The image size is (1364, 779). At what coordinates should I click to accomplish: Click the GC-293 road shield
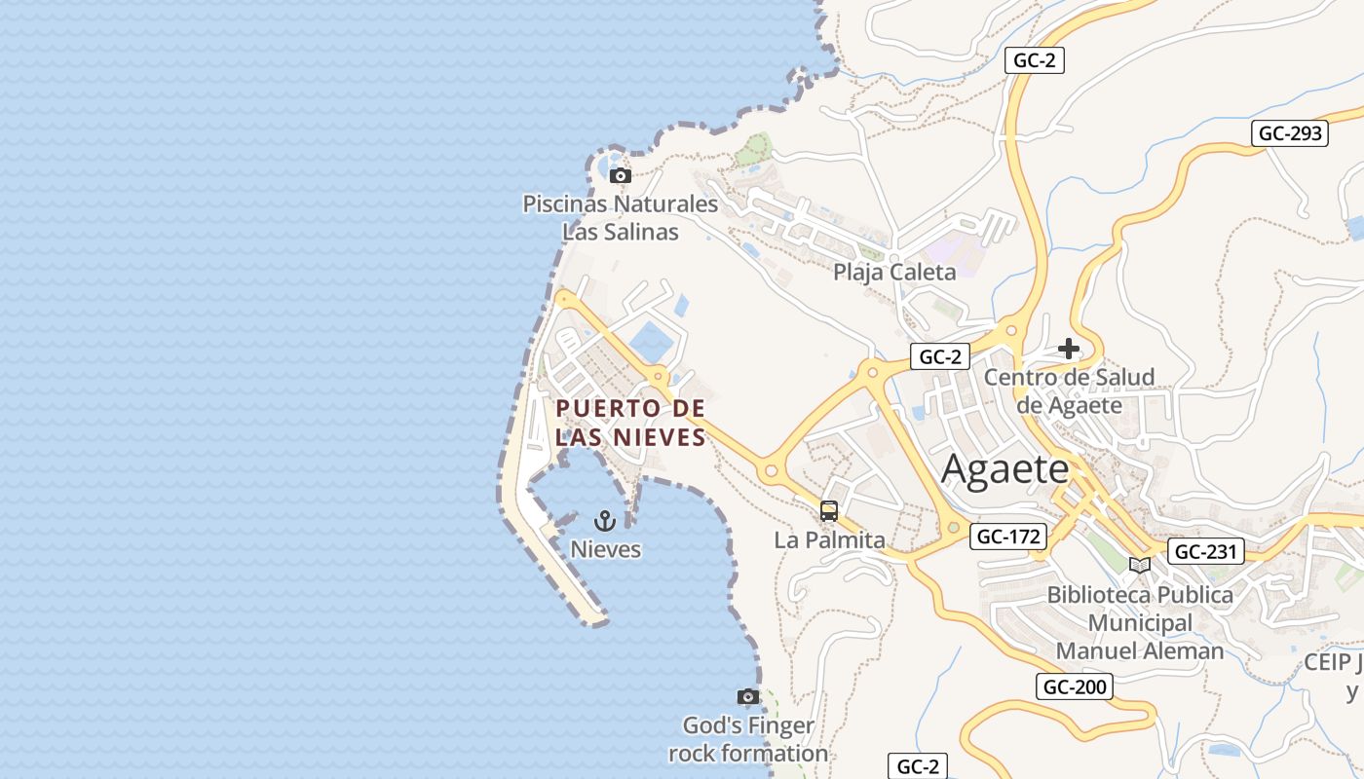pyautogui.click(x=1290, y=133)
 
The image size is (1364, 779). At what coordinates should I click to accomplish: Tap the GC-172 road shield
pyautogui.click(x=1008, y=536)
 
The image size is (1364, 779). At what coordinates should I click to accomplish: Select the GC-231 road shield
pyautogui.click(x=1206, y=552)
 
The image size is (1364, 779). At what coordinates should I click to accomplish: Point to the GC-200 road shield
pyautogui.click(x=1075, y=686)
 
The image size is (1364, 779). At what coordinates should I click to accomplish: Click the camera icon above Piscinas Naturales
pyautogui.click(x=621, y=176)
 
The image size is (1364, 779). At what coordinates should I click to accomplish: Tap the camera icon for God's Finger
pyautogui.click(x=748, y=697)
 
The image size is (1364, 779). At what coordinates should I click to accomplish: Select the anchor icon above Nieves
pyautogui.click(x=605, y=521)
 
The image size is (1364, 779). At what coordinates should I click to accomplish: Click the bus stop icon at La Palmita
pyautogui.click(x=829, y=511)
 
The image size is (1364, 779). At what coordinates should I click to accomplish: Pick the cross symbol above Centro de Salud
pyautogui.click(x=1069, y=349)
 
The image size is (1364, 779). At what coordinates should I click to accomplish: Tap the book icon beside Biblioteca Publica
pyautogui.click(x=1139, y=565)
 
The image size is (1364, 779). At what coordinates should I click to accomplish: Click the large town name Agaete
pyautogui.click(x=1005, y=470)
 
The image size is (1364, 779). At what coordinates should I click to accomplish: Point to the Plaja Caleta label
pyautogui.click(x=894, y=272)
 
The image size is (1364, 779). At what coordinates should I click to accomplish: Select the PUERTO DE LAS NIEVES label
pyautogui.click(x=630, y=423)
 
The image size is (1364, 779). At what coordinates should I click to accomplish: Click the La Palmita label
pyautogui.click(x=829, y=539)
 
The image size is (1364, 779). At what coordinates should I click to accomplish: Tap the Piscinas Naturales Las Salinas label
pyautogui.click(x=621, y=218)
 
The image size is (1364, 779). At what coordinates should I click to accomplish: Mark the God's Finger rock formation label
pyautogui.click(x=748, y=739)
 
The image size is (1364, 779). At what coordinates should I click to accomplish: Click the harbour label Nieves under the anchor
pyautogui.click(x=605, y=549)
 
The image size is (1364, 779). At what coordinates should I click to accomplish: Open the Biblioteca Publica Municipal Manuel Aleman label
pyautogui.click(x=1140, y=622)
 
